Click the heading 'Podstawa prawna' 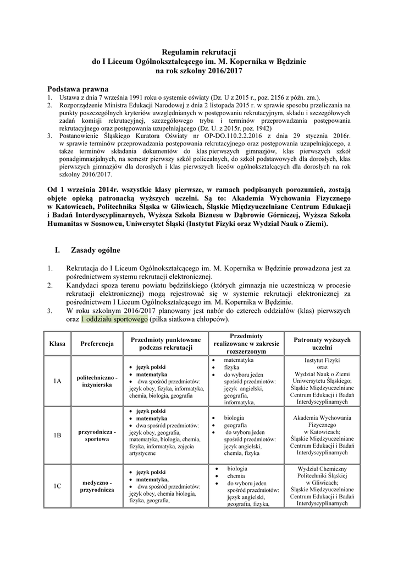click(x=78, y=88)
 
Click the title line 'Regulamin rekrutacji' click(x=198, y=51)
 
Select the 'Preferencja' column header click(x=97, y=344)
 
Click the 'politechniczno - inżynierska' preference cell click(x=97, y=381)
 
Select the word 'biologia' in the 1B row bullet click(x=235, y=417)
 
